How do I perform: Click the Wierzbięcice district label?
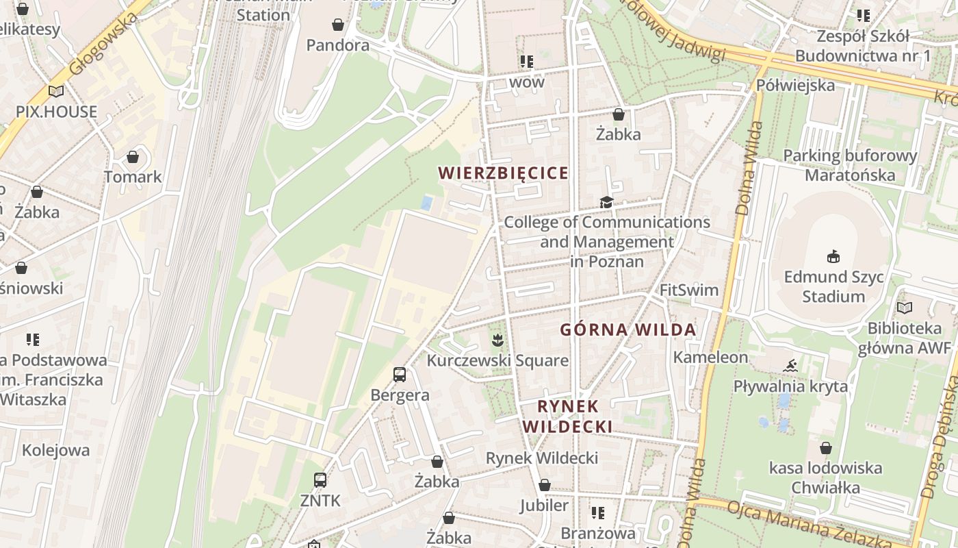[x=504, y=173]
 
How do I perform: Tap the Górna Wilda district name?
[x=628, y=329]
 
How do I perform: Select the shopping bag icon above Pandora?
[x=338, y=25]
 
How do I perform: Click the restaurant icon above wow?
[x=526, y=62]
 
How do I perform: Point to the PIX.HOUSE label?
[x=57, y=112]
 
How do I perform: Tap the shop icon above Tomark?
[x=133, y=158]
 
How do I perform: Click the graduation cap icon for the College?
[x=606, y=202]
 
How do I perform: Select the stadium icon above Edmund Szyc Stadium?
[x=833, y=257]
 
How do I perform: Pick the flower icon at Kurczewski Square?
[x=497, y=339]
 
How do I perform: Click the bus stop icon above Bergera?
[x=400, y=375]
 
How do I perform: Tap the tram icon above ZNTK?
[x=320, y=480]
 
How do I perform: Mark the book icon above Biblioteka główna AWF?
[x=905, y=308]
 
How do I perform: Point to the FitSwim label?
[x=689, y=290]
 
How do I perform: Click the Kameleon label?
[x=710, y=357]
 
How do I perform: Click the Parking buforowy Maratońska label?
[x=850, y=165]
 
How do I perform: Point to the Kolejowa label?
[x=55, y=450]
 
